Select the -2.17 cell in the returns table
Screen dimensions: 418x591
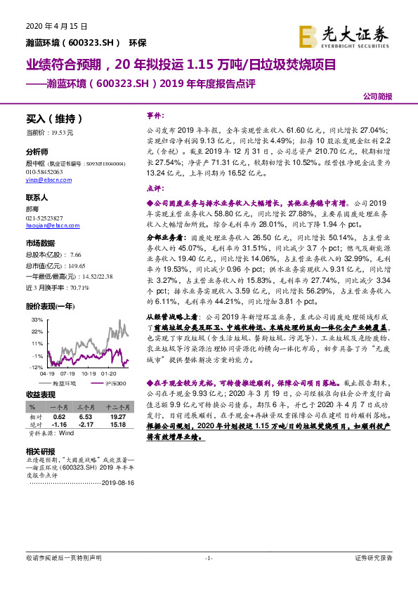click(x=86, y=425)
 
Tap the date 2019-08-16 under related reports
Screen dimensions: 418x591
click(x=117, y=483)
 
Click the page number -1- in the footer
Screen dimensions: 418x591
click(x=209, y=578)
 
